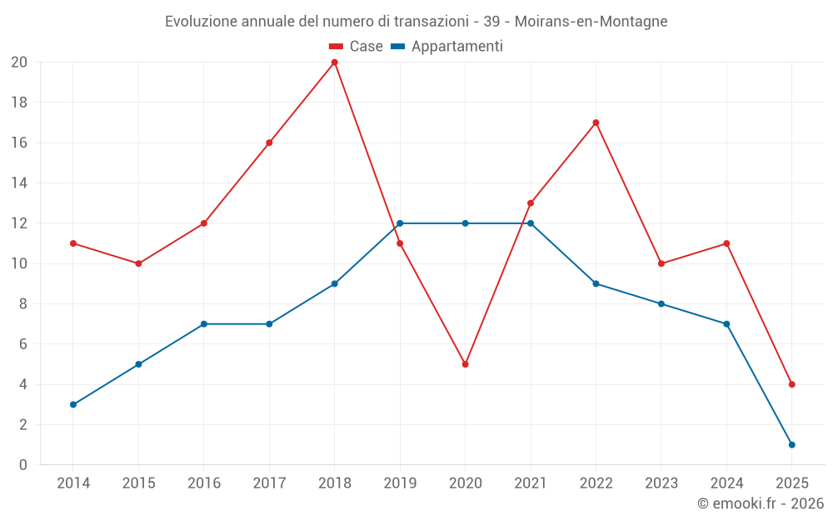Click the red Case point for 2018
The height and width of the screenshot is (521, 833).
tap(334, 63)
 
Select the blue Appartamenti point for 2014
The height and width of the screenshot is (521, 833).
tap(73, 404)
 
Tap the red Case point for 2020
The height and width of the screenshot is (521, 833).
tap(465, 364)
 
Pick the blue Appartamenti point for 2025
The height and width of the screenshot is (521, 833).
tap(791, 444)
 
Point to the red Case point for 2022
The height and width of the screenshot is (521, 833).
tap(596, 123)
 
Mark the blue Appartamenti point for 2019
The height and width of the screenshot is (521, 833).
tap(400, 223)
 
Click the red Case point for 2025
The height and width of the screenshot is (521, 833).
tap(791, 384)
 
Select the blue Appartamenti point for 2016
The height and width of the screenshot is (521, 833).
tap(203, 323)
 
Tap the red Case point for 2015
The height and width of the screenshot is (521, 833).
tap(138, 263)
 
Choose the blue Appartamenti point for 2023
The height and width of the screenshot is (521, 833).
tap(661, 303)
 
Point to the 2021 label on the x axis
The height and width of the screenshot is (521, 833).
tap(531, 483)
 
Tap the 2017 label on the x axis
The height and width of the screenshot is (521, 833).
tap(269, 483)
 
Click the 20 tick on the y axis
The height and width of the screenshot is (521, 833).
tap(19, 63)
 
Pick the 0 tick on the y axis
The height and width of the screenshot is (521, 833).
tap(23, 464)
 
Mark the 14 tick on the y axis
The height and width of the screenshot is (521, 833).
tap(19, 183)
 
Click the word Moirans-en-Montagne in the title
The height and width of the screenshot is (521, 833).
tap(597, 22)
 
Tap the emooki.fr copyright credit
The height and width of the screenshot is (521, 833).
tap(761, 503)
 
